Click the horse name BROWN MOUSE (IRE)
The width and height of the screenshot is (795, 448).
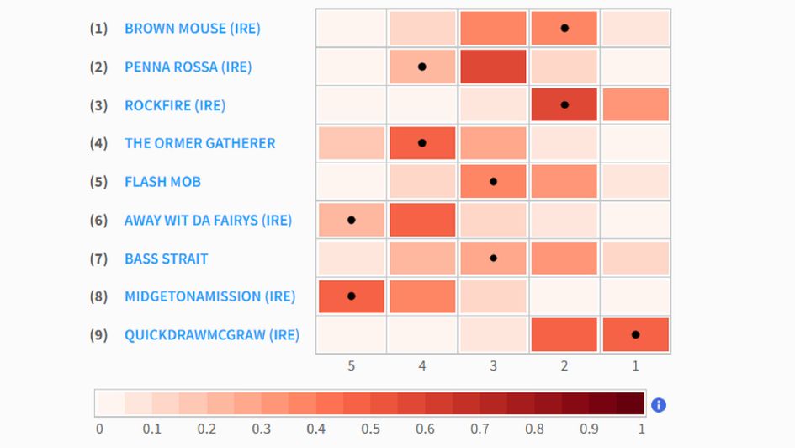(x=192, y=29)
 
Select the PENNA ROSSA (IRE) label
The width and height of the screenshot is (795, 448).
(x=188, y=67)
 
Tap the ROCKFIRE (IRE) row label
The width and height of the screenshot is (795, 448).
(x=174, y=105)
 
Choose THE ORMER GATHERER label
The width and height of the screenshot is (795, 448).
(x=199, y=143)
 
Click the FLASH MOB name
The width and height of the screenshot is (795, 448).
(x=162, y=182)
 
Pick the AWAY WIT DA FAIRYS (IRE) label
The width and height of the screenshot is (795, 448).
(x=208, y=221)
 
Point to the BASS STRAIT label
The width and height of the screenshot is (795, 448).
(x=166, y=259)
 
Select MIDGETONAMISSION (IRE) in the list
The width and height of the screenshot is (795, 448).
(x=209, y=296)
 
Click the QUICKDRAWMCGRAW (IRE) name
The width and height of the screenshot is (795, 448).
(x=211, y=335)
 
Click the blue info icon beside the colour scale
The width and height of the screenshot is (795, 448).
(x=659, y=405)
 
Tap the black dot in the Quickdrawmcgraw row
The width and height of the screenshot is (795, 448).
(x=635, y=335)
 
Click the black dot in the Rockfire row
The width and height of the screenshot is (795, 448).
(x=564, y=105)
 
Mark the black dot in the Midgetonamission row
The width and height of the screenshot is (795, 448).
(x=352, y=296)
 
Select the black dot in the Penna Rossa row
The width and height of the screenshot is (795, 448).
(x=422, y=67)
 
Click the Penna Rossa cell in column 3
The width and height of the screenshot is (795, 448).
(x=493, y=67)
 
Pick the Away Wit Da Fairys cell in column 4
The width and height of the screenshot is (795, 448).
(x=422, y=221)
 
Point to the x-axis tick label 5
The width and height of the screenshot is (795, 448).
(x=351, y=365)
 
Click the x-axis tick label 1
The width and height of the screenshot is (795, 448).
(x=635, y=365)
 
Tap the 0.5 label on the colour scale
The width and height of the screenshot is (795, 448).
(x=370, y=429)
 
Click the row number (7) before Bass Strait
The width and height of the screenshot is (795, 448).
(x=98, y=259)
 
